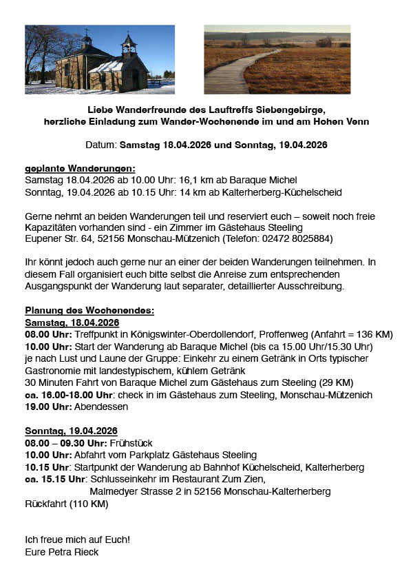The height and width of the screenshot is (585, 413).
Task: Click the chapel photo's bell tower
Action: [128, 45]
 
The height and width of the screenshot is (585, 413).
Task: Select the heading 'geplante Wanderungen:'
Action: [80, 169]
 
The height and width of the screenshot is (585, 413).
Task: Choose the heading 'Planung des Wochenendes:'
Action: [89, 311]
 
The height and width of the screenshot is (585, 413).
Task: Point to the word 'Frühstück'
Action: [131, 443]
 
